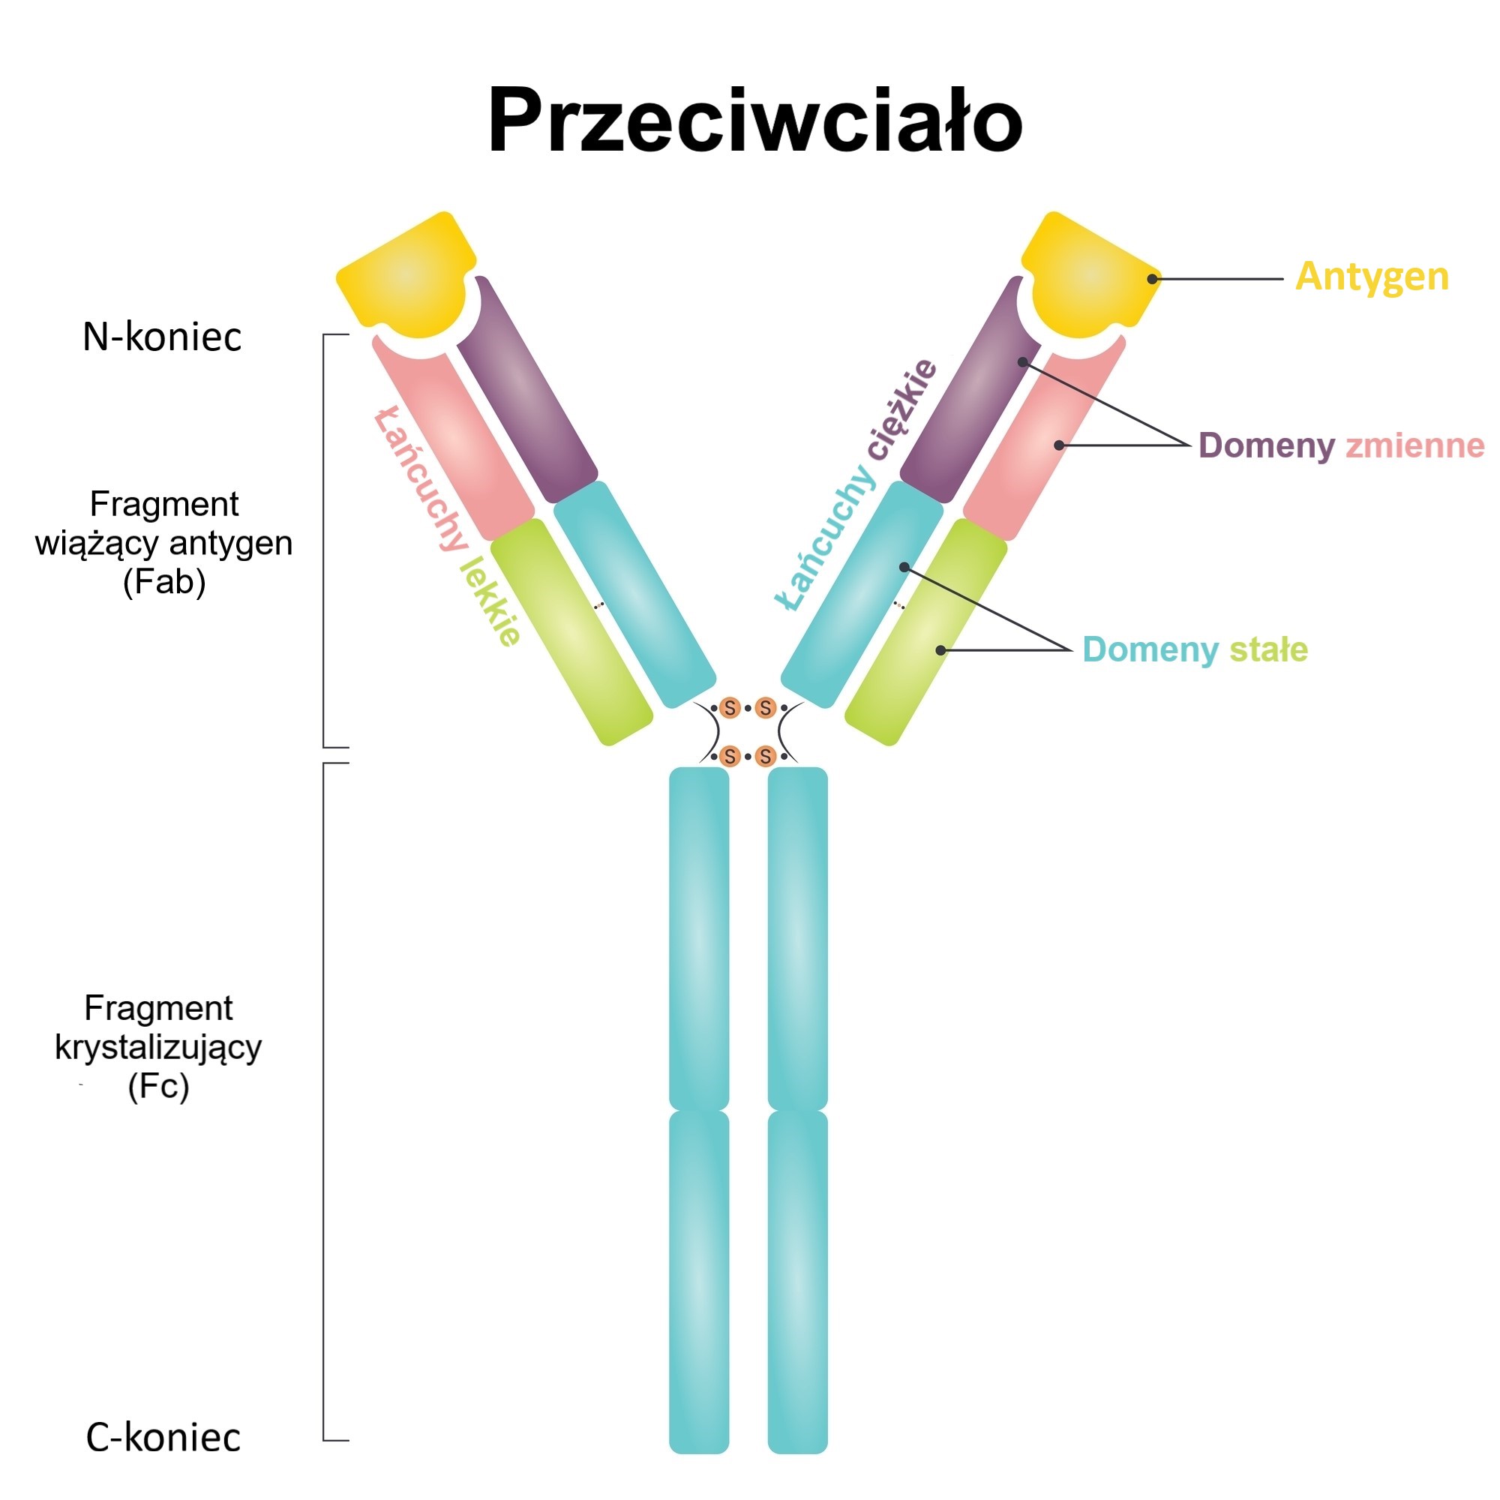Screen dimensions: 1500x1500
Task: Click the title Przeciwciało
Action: point(754,121)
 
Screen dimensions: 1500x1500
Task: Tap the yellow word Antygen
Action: point(1371,277)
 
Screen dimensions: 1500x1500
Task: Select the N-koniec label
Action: point(161,337)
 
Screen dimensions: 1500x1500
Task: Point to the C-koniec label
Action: point(163,1437)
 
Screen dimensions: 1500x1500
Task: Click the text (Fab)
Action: point(163,582)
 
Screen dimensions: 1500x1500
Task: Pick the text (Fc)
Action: point(158,1086)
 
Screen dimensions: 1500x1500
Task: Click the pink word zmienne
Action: point(1414,445)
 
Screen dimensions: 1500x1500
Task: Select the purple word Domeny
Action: point(1265,445)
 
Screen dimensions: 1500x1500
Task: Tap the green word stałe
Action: point(1269,649)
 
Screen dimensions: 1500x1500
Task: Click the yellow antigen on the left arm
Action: point(405,275)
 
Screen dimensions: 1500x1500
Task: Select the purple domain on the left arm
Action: point(526,388)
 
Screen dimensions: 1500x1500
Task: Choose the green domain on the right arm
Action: point(925,633)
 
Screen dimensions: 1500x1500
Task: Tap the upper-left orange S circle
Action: point(729,707)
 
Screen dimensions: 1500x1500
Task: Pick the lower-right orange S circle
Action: point(766,755)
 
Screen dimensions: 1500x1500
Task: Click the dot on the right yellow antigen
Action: point(1152,279)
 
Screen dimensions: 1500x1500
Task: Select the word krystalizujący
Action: point(158,1047)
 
